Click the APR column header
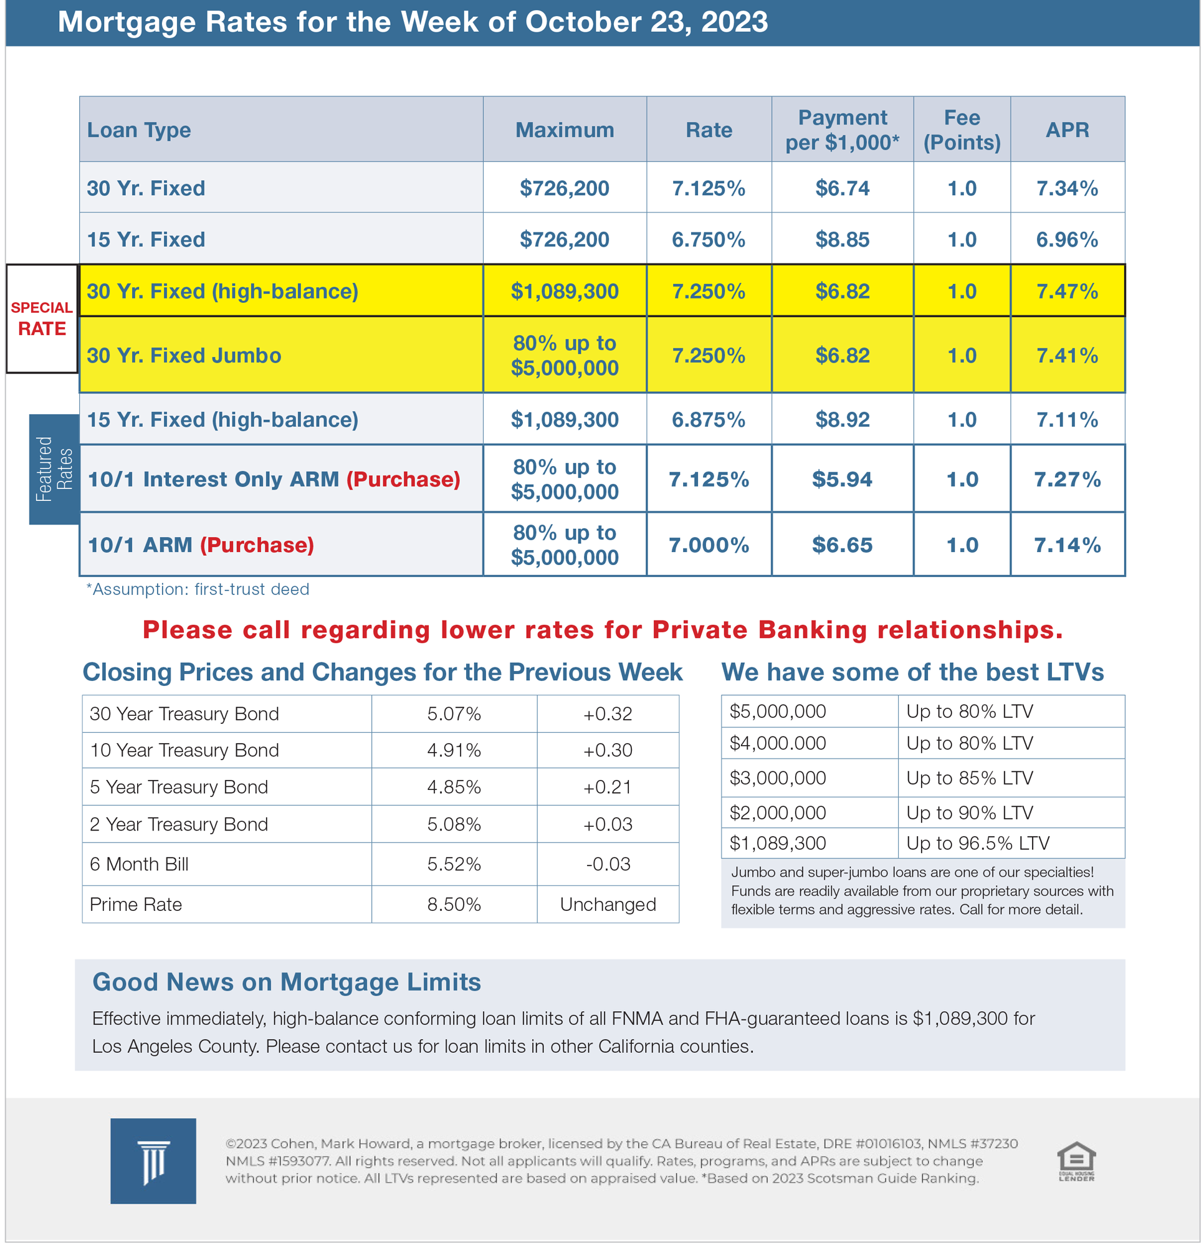1067,130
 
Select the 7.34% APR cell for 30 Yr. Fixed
1067,188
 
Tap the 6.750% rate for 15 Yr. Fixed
708,240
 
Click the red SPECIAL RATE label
42,318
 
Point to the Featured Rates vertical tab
54,469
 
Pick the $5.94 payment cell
841,479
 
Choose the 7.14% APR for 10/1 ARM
1067,545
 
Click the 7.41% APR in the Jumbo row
1067,355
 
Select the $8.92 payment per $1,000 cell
841,419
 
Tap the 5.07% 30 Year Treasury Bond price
454,714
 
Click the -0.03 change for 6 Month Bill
608,864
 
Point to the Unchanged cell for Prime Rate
608,905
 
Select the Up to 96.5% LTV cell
977,844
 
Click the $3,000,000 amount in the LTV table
777,778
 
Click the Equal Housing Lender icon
1076,1162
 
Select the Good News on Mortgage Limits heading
286,982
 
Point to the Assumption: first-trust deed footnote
198,589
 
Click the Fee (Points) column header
961,130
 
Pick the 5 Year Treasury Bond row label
179,787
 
